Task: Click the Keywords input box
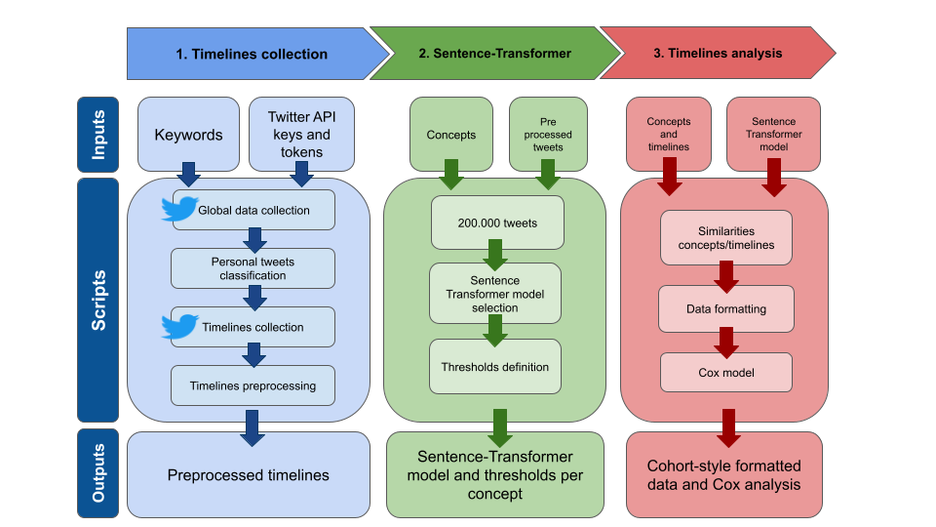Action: pos(188,135)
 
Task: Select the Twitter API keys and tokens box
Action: pos(301,135)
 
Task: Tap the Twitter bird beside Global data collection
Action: pos(179,209)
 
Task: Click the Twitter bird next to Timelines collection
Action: pos(179,326)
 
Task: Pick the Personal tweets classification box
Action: pos(253,268)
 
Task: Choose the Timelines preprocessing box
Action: pos(253,385)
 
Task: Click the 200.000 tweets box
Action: pos(497,223)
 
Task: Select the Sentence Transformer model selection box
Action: pos(495,294)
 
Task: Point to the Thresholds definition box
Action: pos(495,367)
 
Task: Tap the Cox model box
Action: pos(725,372)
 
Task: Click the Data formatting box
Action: pos(725,309)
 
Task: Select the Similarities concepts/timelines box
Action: pos(725,238)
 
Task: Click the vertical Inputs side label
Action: pos(97,135)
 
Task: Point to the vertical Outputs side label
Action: pos(97,473)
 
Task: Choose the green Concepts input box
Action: pos(451,135)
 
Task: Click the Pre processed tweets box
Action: pos(548,135)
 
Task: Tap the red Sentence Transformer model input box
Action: pos(773,135)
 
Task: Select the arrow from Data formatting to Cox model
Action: pos(725,343)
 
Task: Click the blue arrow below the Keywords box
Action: pos(188,174)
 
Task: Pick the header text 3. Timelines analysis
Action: pos(718,53)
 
